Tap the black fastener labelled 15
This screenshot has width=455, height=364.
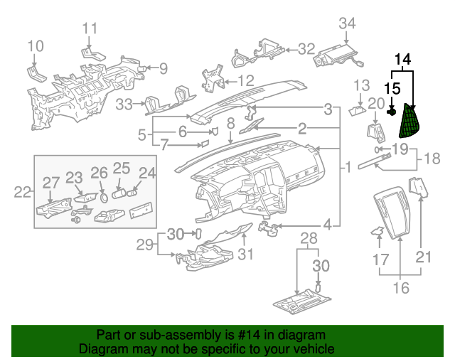point(392,112)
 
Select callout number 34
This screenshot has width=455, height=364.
point(346,23)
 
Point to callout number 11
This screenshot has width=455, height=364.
point(90,28)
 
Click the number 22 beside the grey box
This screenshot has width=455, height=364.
point(23,191)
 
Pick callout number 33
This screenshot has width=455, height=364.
point(124,105)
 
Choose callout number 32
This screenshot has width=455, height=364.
point(306,49)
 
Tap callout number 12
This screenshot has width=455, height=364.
point(245,80)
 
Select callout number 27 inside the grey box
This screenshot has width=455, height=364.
point(50,183)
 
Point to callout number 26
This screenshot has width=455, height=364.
point(99,172)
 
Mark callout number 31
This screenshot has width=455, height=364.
point(245,254)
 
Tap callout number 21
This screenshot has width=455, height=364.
point(424,256)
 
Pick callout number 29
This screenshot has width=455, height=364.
point(145,245)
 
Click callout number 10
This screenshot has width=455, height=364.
point(36,47)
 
